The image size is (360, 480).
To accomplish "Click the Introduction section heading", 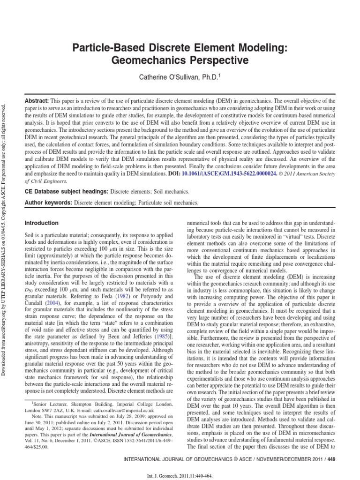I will click(x=41, y=223).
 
